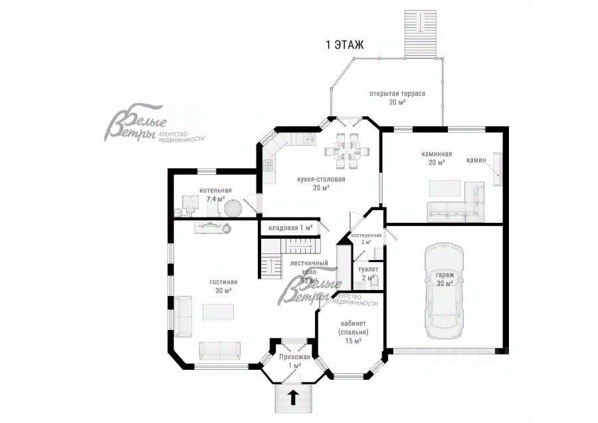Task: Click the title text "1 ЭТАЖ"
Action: click(x=344, y=45)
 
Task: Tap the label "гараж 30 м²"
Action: click(x=445, y=279)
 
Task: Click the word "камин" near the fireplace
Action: click(x=476, y=160)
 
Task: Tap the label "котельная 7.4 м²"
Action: click(x=215, y=195)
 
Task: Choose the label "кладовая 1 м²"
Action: click(x=290, y=228)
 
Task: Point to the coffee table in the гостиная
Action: click(x=218, y=312)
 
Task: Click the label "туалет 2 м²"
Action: click(x=368, y=273)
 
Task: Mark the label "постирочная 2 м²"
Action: click(x=366, y=239)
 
